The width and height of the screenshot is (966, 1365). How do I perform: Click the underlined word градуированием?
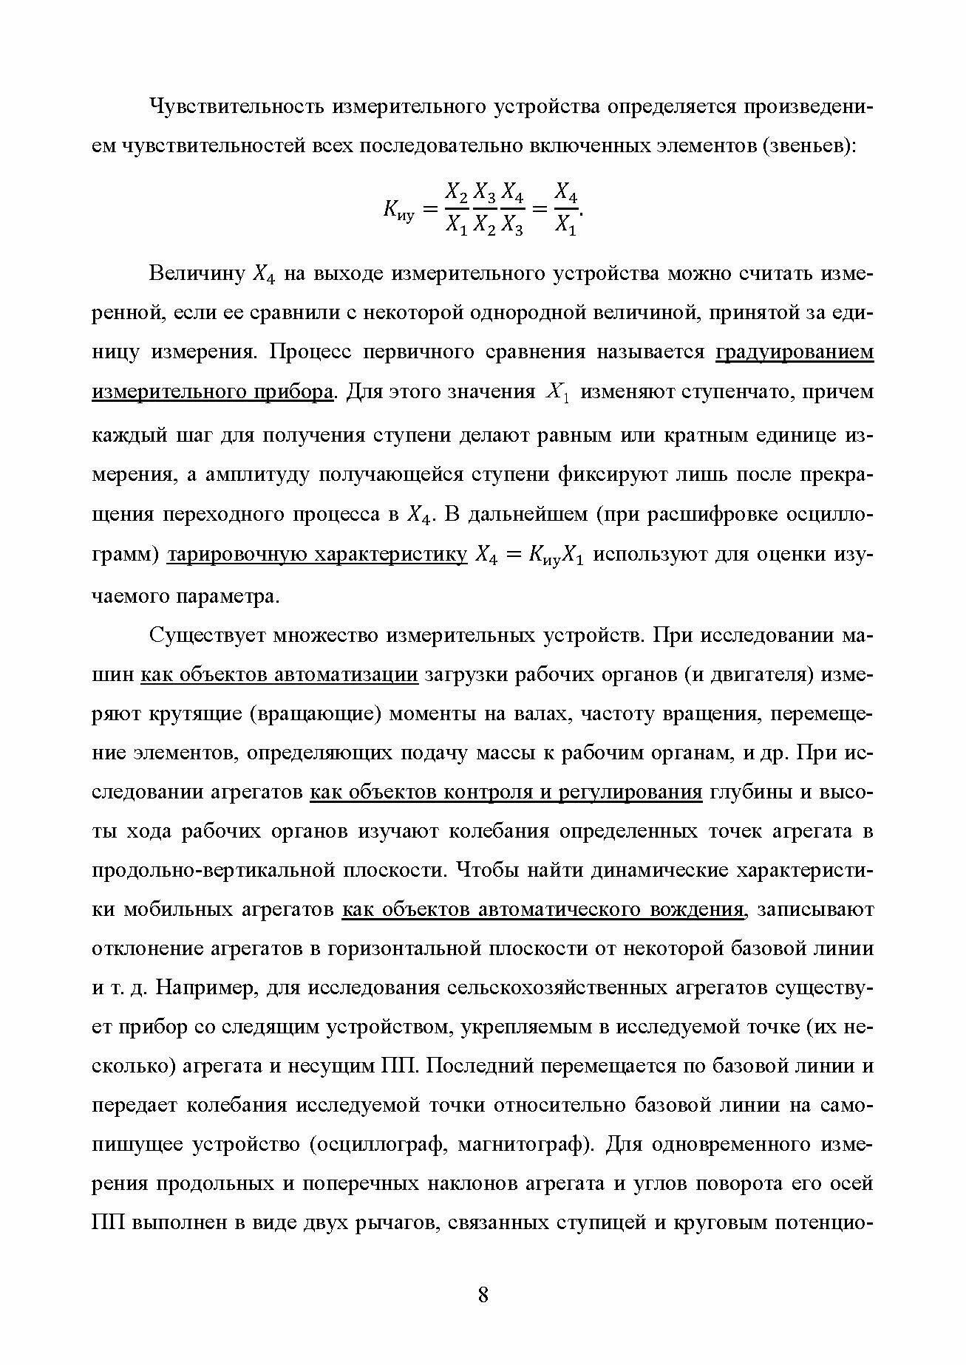(x=795, y=352)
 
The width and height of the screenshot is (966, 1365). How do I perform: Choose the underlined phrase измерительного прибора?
(x=212, y=391)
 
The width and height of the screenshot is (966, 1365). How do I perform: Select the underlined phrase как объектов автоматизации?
(x=279, y=675)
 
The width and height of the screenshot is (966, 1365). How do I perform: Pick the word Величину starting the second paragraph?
(x=197, y=274)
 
